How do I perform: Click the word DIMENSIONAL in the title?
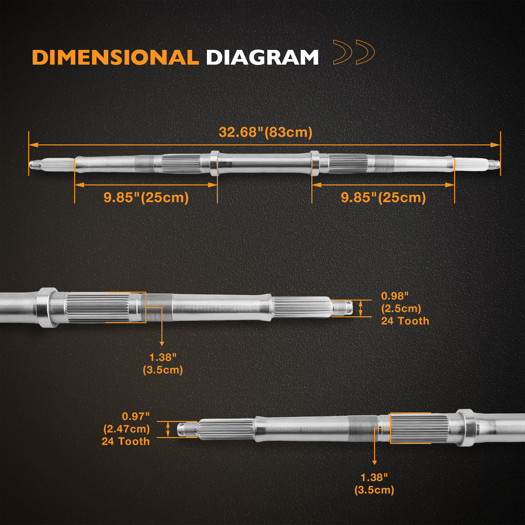115,57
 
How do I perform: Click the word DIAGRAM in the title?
262,57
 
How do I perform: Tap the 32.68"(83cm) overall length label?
265,132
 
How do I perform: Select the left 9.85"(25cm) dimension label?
146,198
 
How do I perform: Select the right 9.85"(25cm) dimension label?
383,198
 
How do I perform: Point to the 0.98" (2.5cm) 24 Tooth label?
405,308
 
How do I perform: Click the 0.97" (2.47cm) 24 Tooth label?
126,429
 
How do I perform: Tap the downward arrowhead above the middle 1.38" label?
162,343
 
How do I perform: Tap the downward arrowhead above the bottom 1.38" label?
374,462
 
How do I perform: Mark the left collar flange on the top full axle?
214,163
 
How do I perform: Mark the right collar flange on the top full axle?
314,163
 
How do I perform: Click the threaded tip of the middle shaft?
342,308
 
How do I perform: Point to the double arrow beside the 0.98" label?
361,308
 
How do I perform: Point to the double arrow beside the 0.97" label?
168,429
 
